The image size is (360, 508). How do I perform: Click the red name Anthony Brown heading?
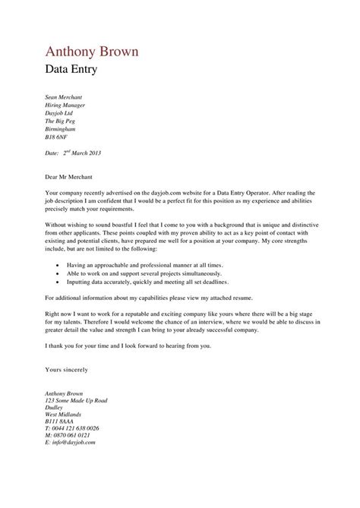92,52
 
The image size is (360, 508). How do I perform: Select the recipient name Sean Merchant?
63,98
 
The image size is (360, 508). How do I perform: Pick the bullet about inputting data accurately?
144,281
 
